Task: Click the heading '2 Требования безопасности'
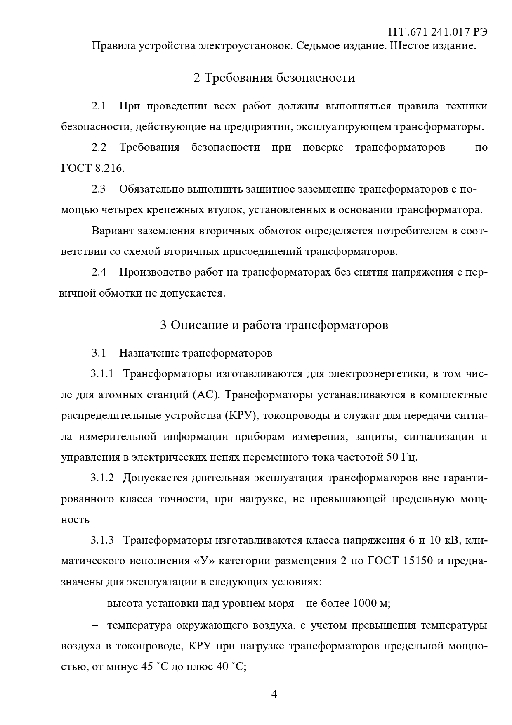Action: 274,78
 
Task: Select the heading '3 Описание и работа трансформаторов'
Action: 274,325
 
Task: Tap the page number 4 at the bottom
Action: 274,694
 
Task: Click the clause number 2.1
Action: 99,106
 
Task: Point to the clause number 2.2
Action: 99,147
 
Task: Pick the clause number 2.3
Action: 99,189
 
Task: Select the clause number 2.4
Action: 99,272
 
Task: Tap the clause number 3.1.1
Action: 102,374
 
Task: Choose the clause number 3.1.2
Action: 102,478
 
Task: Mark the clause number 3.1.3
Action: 102,540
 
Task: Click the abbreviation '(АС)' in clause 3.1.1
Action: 205,395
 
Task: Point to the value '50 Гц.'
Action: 402,457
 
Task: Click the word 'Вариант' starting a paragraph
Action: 112,231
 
